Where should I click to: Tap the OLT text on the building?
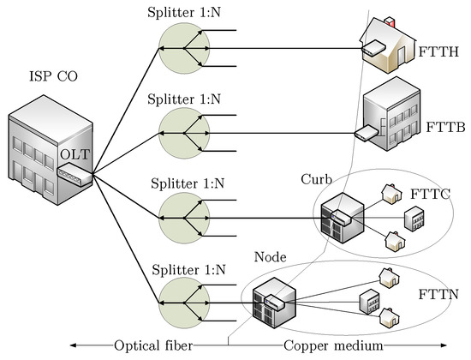point(70,155)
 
